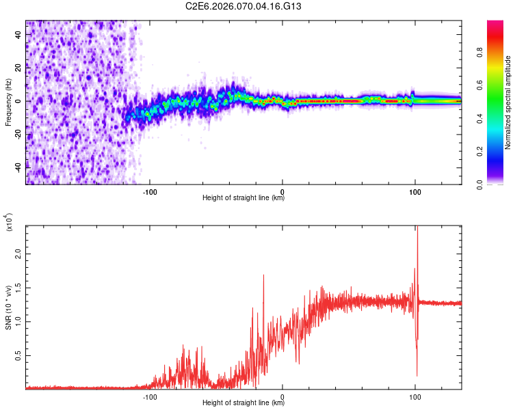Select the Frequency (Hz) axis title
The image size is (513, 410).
[x=8, y=102]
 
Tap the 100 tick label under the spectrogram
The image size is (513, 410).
[x=415, y=191]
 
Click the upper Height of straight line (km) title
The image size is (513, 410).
[x=244, y=198]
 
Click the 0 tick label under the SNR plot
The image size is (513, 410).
[x=282, y=396]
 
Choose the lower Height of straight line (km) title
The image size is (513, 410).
[x=244, y=403]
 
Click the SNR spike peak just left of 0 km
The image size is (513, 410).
[x=263, y=275]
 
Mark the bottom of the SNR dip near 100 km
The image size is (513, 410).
[x=417, y=375]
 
